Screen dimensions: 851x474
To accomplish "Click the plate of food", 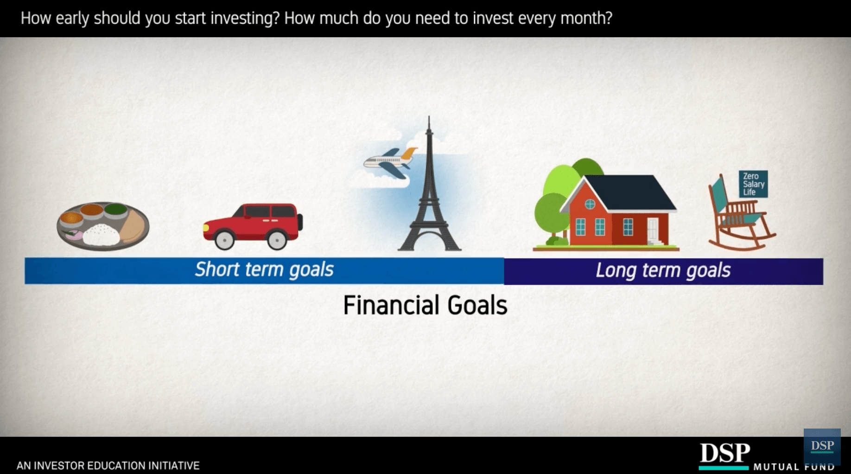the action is point(103,226).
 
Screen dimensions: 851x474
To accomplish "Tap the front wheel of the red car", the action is point(225,240).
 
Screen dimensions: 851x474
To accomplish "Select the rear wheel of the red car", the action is point(277,240).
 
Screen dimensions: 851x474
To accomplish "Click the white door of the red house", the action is point(653,230).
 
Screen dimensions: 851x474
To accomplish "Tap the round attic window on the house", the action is point(590,204).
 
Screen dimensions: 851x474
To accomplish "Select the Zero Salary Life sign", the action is point(753,184).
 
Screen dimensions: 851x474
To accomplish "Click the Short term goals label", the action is point(264,269).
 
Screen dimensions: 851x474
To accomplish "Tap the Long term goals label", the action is point(663,270).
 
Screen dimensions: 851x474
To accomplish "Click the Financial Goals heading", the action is point(425,305).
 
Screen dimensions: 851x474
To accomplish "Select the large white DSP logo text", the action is point(724,453).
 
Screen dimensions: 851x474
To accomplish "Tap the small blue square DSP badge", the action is point(822,446).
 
